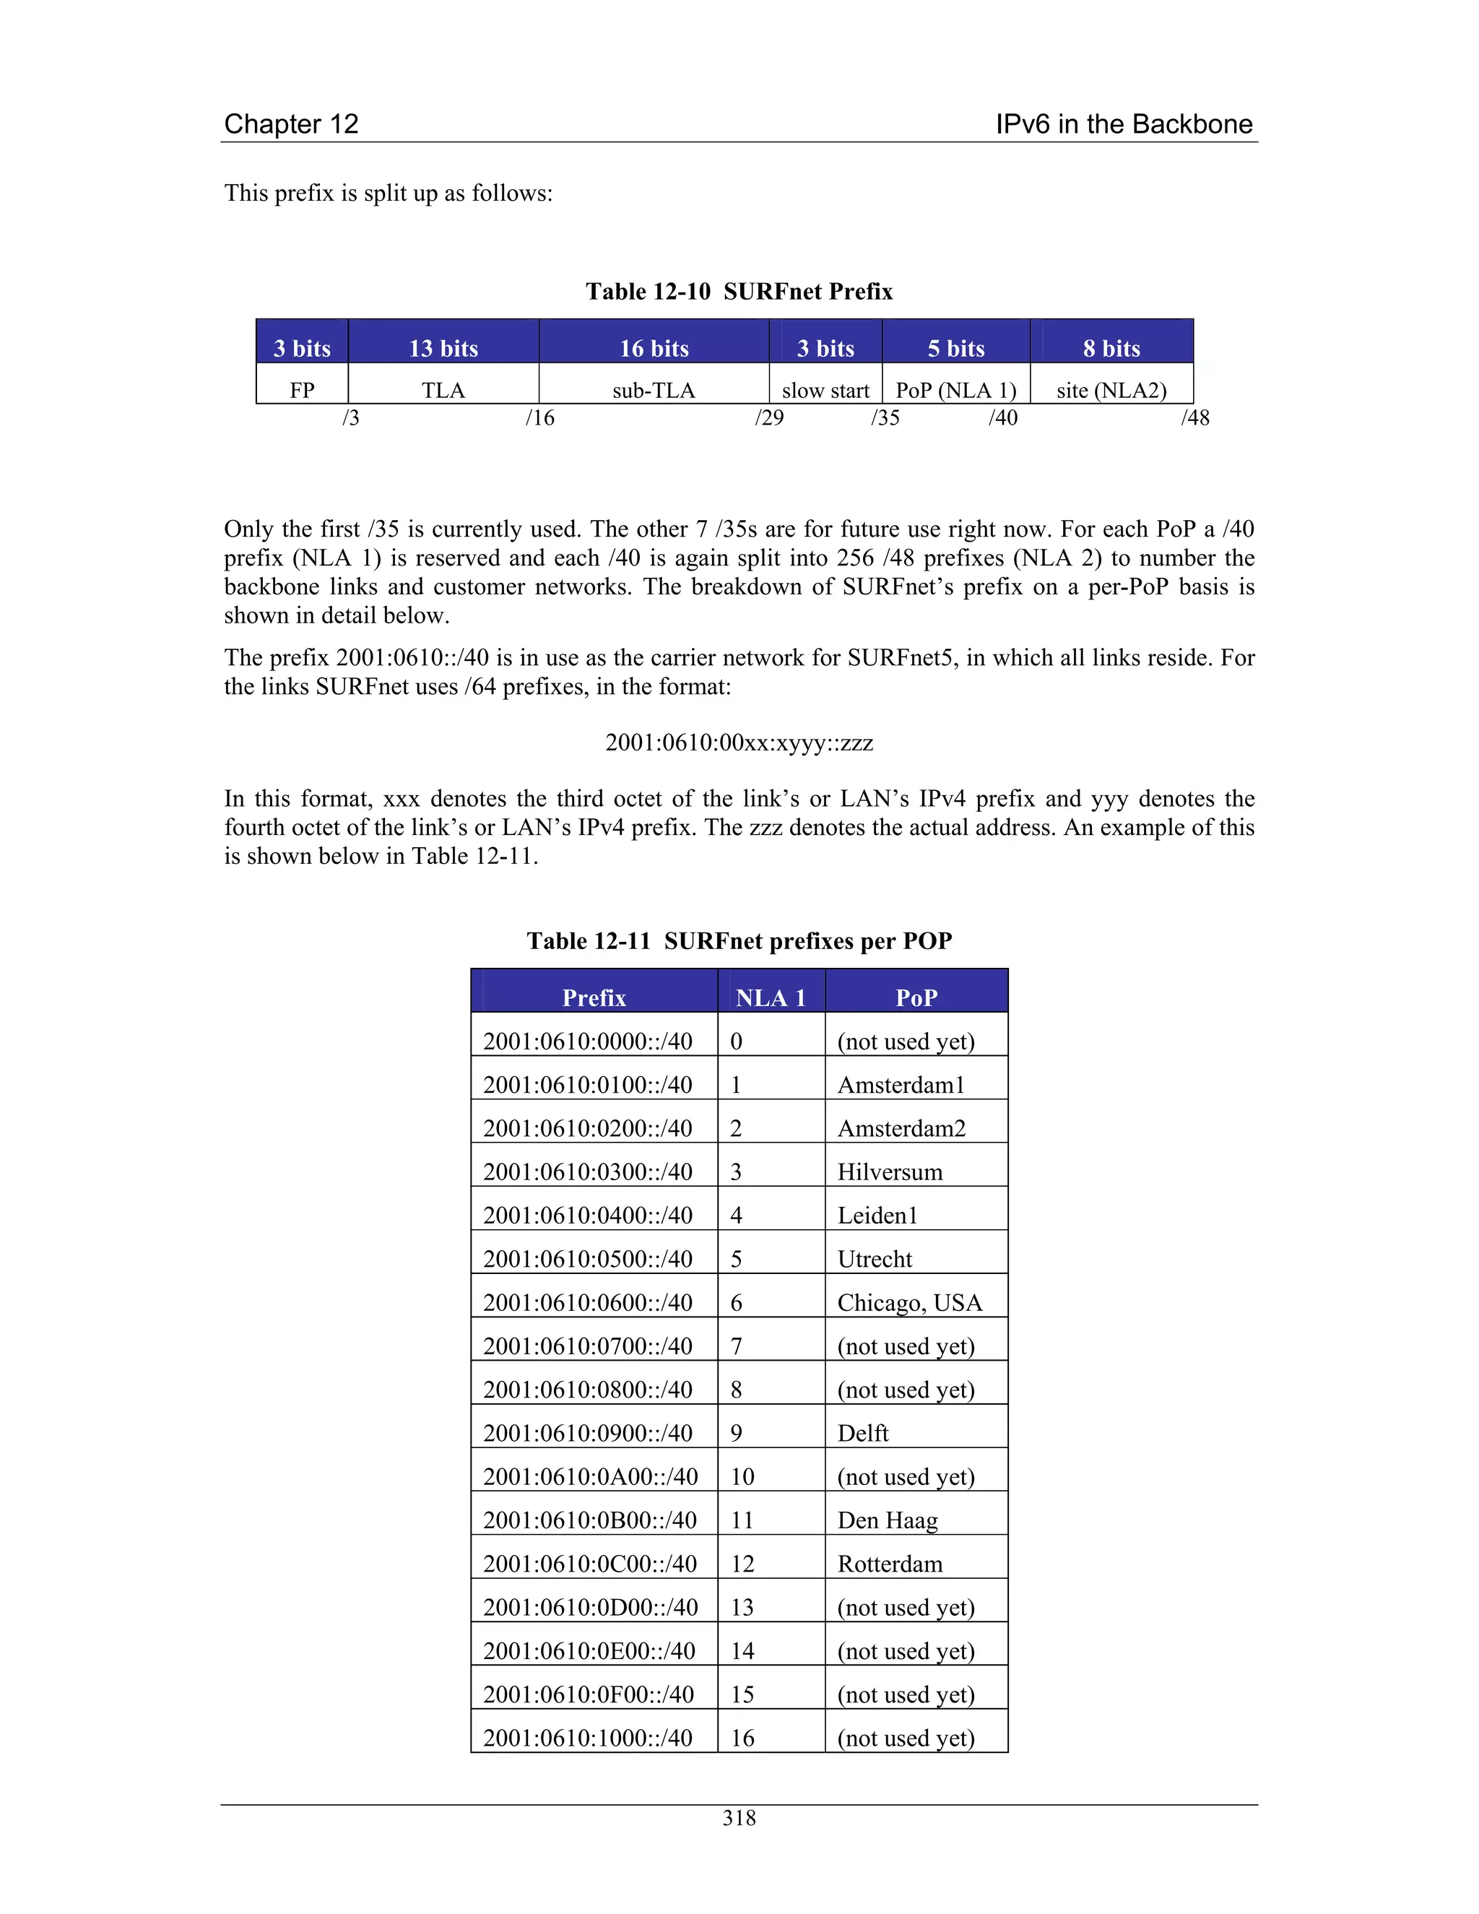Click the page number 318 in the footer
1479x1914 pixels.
pos(739,1818)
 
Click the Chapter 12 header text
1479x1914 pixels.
pos(291,124)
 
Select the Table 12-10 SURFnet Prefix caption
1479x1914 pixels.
pos(739,291)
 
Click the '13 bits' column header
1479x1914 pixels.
pos(443,348)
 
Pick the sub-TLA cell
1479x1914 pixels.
pos(654,390)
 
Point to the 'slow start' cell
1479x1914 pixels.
pos(825,390)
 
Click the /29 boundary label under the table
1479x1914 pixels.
pos(769,417)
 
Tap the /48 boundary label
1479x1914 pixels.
pos(1195,417)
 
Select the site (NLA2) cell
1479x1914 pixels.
pos(1111,390)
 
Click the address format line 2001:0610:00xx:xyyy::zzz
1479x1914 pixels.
pos(739,742)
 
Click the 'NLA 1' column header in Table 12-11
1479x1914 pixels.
pos(770,997)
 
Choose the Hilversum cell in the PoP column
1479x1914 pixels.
pos(890,1172)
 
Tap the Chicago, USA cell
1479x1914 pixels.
pos(909,1302)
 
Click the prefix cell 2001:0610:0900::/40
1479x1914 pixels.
pos(588,1433)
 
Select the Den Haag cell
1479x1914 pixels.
pos(888,1520)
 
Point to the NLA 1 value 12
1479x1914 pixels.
pos(742,1564)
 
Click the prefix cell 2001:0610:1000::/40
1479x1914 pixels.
pos(588,1737)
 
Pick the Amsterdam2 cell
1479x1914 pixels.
pos(901,1128)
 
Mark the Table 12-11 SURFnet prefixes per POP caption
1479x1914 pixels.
pos(739,940)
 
